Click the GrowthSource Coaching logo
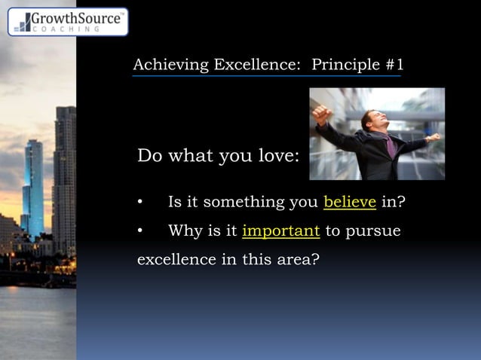pyautogui.click(x=68, y=22)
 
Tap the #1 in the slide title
pyautogui.click(x=394, y=65)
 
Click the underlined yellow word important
pyautogui.click(x=281, y=230)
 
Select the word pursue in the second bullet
pyautogui.click(x=374, y=231)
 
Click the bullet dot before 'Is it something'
pyautogui.click(x=140, y=203)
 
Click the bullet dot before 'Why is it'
pyautogui.click(x=140, y=231)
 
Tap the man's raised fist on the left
pyautogui.click(x=322, y=114)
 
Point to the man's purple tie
pyautogui.click(x=390, y=146)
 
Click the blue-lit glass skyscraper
pyautogui.click(x=33, y=188)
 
